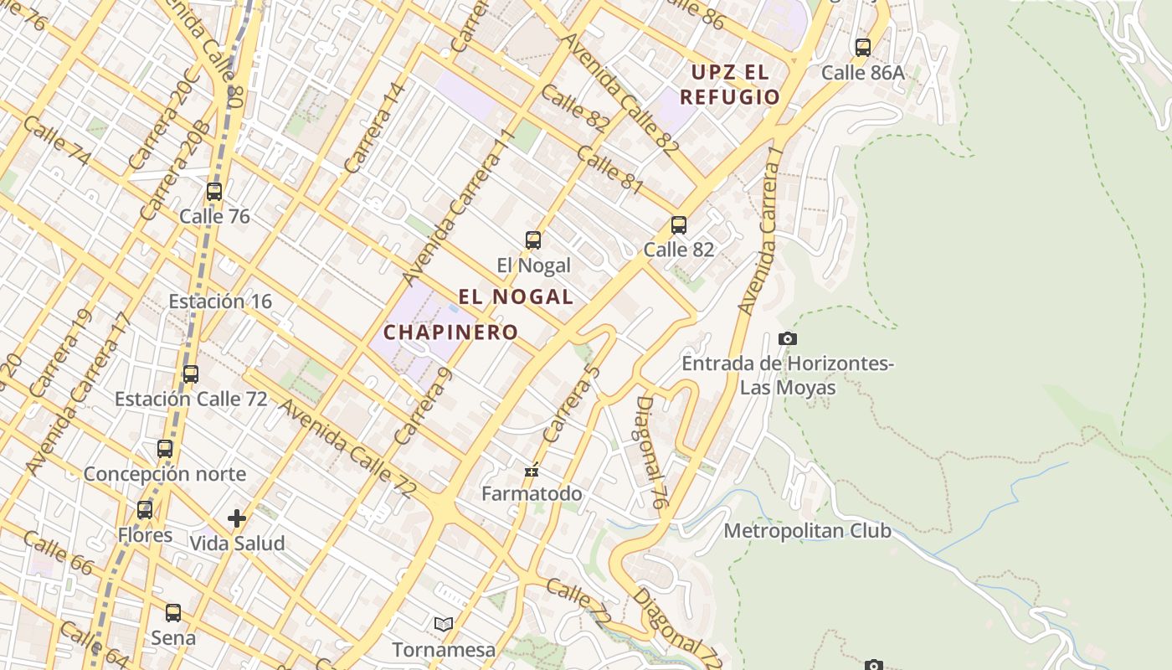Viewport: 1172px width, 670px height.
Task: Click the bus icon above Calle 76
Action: click(x=214, y=192)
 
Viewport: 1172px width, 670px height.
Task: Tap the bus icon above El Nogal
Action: click(x=533, y=240)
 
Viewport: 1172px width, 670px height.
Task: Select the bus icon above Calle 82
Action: click(x=679, y=224)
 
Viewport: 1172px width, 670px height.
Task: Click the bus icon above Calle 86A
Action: click(x=863, y=48)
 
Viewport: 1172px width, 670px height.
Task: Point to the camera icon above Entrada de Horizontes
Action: click(x=788, y=338)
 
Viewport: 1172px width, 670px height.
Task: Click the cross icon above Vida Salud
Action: click(x=237, y=518)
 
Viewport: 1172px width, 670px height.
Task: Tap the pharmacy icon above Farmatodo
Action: click(x=532, y=471)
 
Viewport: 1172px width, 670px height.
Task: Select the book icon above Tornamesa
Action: click(x=444, y=624)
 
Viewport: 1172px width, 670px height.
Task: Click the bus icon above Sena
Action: click(x=173, y=613)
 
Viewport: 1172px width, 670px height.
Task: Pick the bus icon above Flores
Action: click(x=145, y=510)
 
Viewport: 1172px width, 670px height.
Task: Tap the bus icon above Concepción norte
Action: click(x=165, y=449)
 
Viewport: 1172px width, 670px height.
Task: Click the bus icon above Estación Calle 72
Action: click(x=191, y=374)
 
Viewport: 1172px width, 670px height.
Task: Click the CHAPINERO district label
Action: click(x=450, y=332)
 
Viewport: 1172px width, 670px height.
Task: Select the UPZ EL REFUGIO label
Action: click(x=729, y=85)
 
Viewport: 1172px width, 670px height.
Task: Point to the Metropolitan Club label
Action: click(x=807, y=531)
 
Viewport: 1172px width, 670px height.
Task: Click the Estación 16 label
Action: click(x=220, y=301)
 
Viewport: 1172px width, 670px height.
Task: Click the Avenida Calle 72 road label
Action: click(x=346, y=449)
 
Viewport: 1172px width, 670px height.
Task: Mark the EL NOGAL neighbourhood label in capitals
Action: click(x=516, y=296)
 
